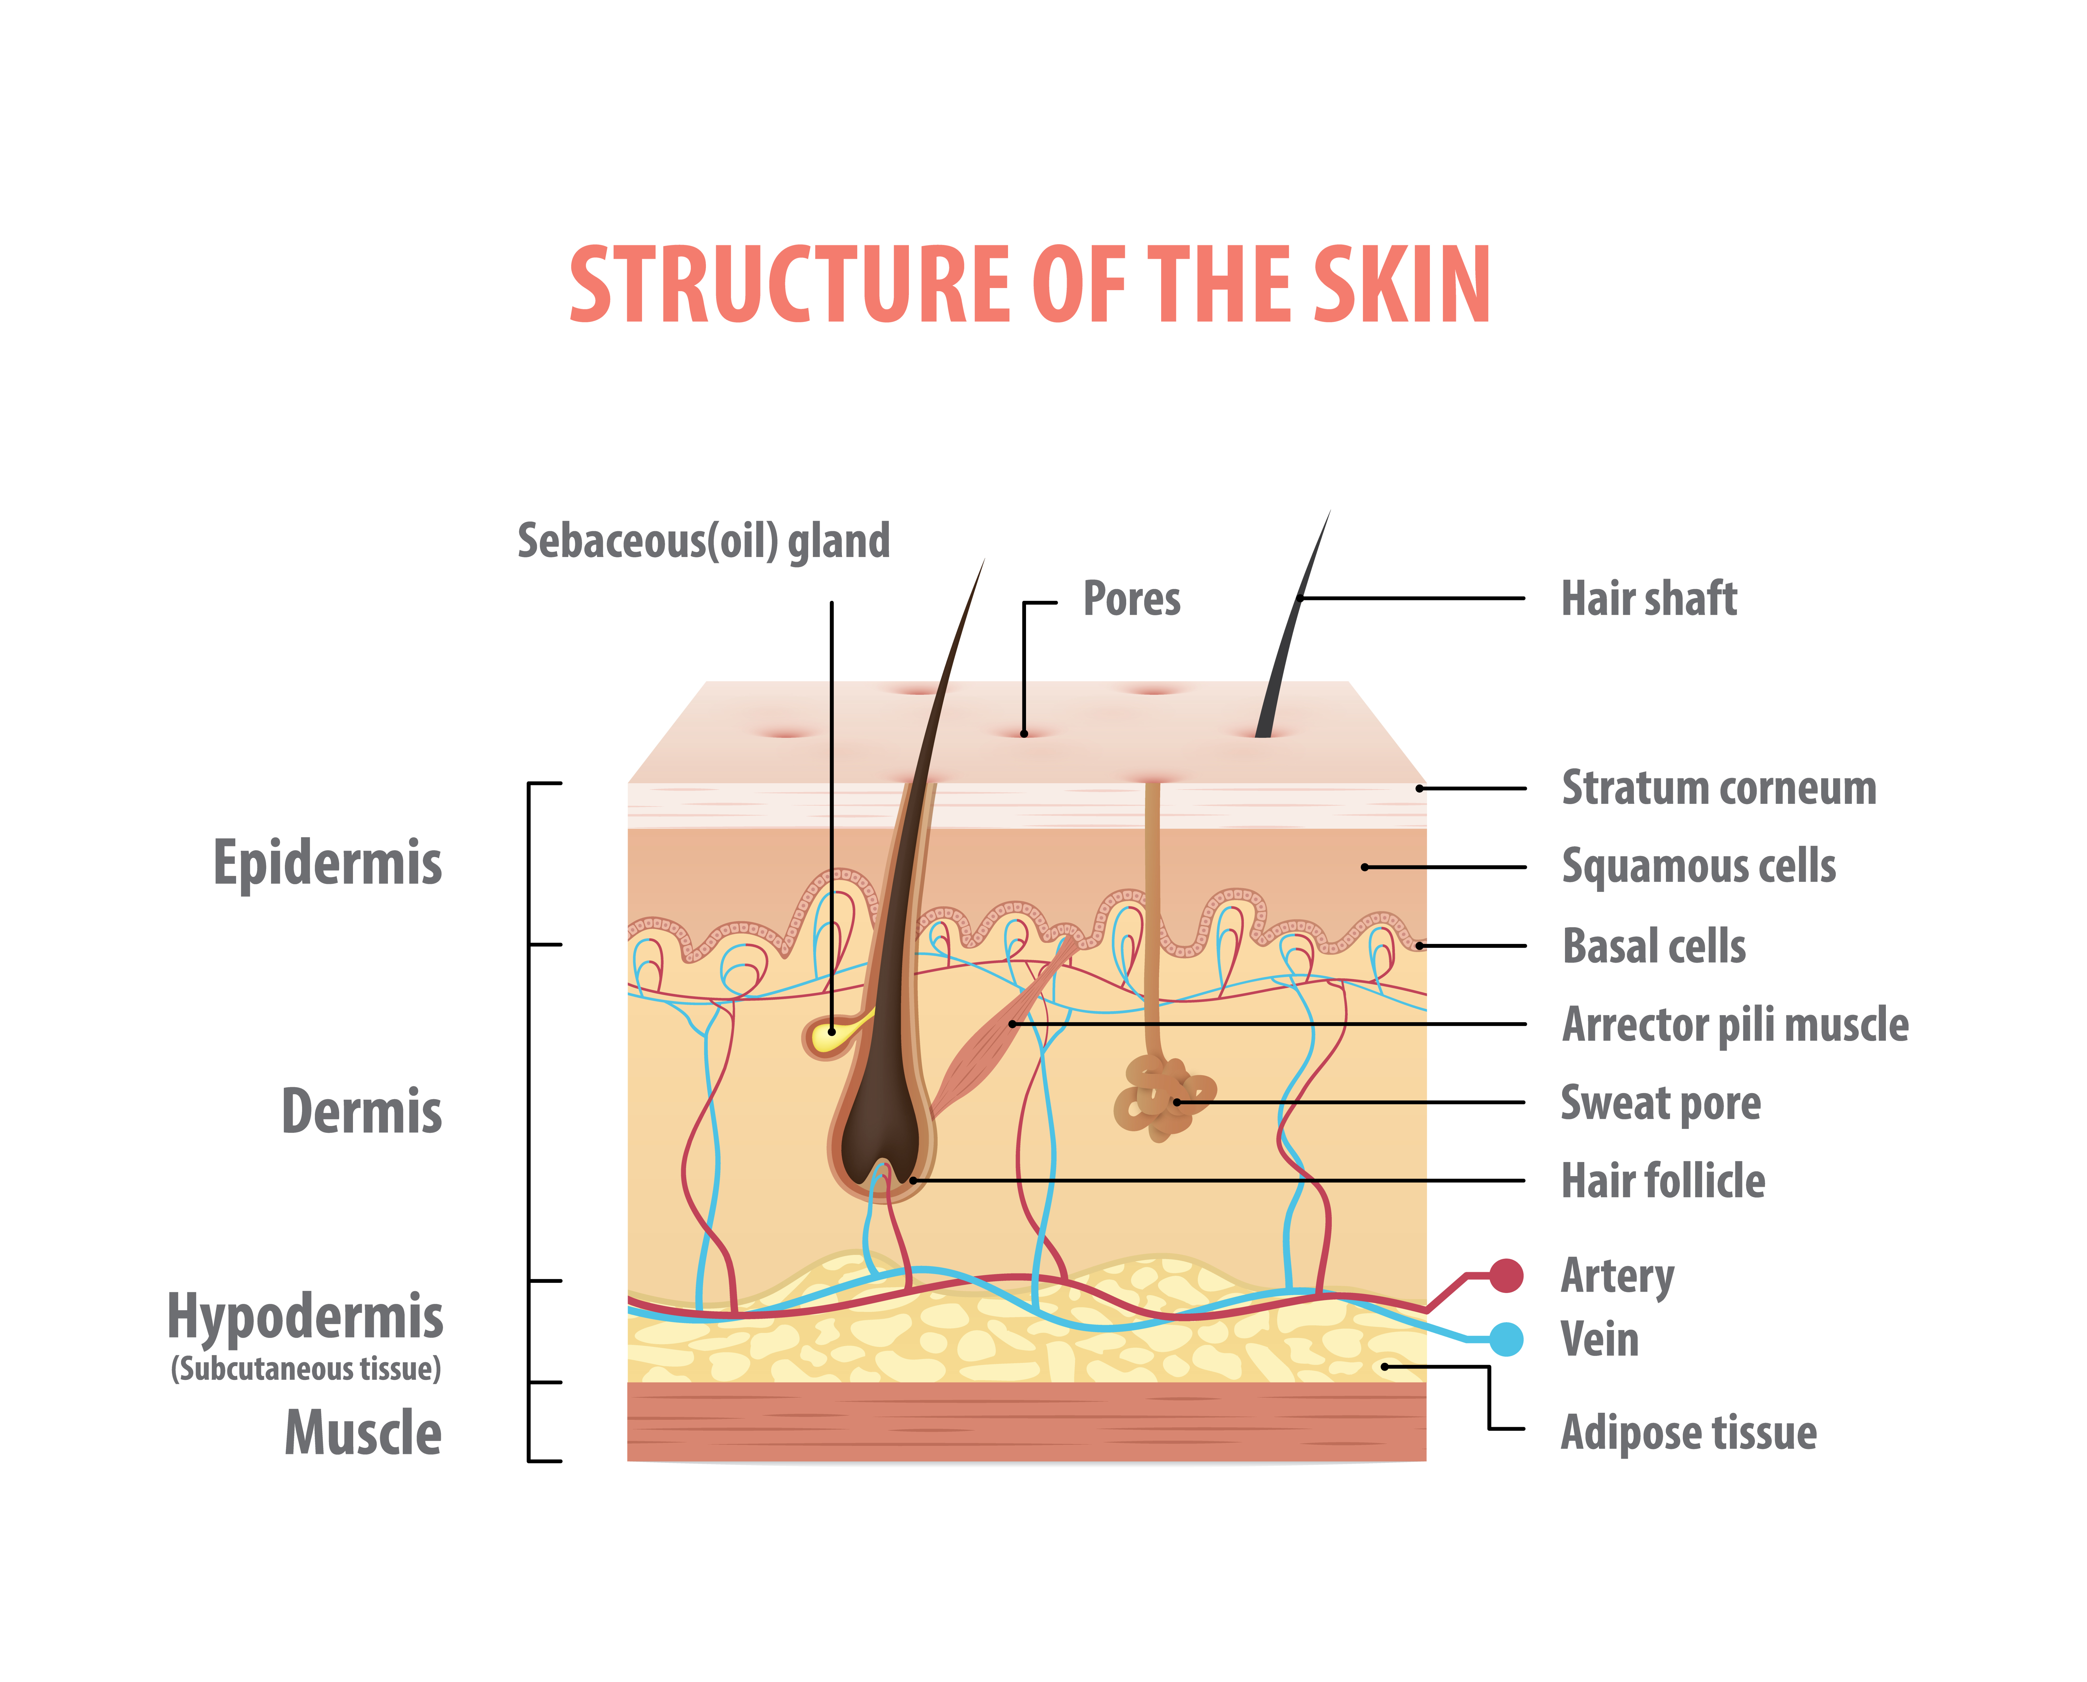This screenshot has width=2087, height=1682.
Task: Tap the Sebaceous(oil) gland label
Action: click(704, 541)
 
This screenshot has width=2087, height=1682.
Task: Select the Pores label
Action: click(1132, 599)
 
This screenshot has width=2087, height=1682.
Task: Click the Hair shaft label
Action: click(1649, 599)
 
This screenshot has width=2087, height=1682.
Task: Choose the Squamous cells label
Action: click(1699, 866)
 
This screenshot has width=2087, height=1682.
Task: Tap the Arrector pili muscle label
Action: click(1734, 1024)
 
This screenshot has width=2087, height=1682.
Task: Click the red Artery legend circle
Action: click(1506, 1276)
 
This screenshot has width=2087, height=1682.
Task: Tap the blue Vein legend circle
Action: click(1506, 1340)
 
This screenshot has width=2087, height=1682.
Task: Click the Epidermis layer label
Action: click(328, 862)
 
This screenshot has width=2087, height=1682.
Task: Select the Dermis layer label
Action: click(361, 1111)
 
